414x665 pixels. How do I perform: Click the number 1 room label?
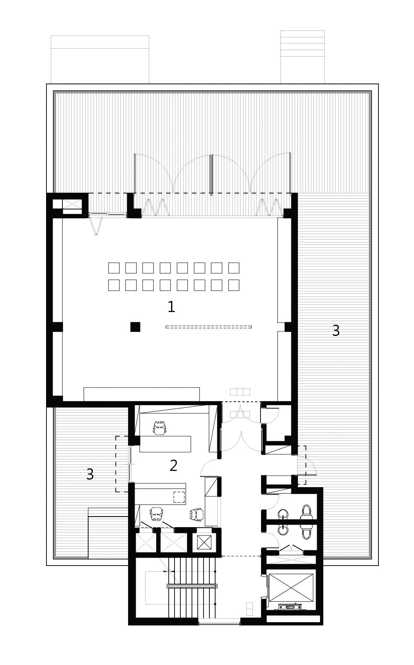click(x=171, y=307)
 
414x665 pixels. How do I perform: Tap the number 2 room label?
click(x=173, y=465)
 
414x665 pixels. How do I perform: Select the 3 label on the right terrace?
click(x=336, y=331)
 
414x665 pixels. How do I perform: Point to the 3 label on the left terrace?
click(x=90, y=474)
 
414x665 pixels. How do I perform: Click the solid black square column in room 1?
click(x=135, y=327)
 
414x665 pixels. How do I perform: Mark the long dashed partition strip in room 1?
click(x=209, y=327)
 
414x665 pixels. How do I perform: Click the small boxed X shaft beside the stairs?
click(x=203, y=543)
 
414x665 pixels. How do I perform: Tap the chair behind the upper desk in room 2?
click(x=160, y=428)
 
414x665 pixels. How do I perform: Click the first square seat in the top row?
click(x=114, y=268)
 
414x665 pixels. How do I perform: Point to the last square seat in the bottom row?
click(x=234, y=285)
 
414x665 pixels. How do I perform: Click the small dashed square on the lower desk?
click(x=179, y=496)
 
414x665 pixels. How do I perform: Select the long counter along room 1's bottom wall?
click(x=142, y=394)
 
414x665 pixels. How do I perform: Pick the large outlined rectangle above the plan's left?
click(x=100, y=59)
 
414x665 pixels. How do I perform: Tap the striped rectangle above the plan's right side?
click(x=303, y=57)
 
